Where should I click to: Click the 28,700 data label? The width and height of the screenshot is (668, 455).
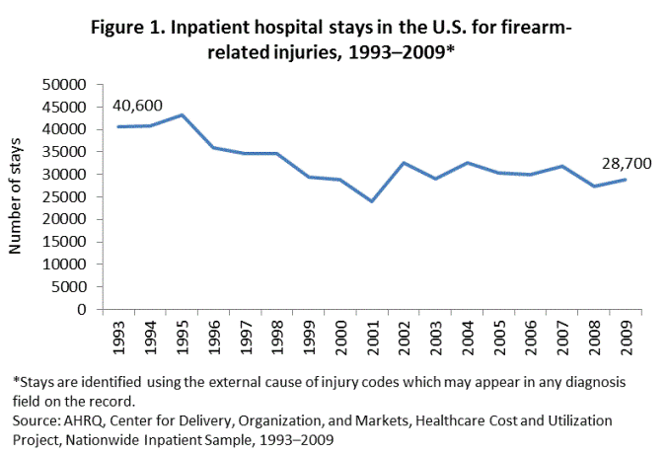click(624, 163)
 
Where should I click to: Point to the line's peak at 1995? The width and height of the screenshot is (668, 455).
click(182, 114)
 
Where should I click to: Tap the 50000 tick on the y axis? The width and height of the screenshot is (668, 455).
click(62, 85)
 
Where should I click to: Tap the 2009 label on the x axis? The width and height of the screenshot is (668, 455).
click(625, 335)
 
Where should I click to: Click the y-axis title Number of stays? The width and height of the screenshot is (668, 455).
click(17, 197)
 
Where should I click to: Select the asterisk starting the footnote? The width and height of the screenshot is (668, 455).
click(14, 382)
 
